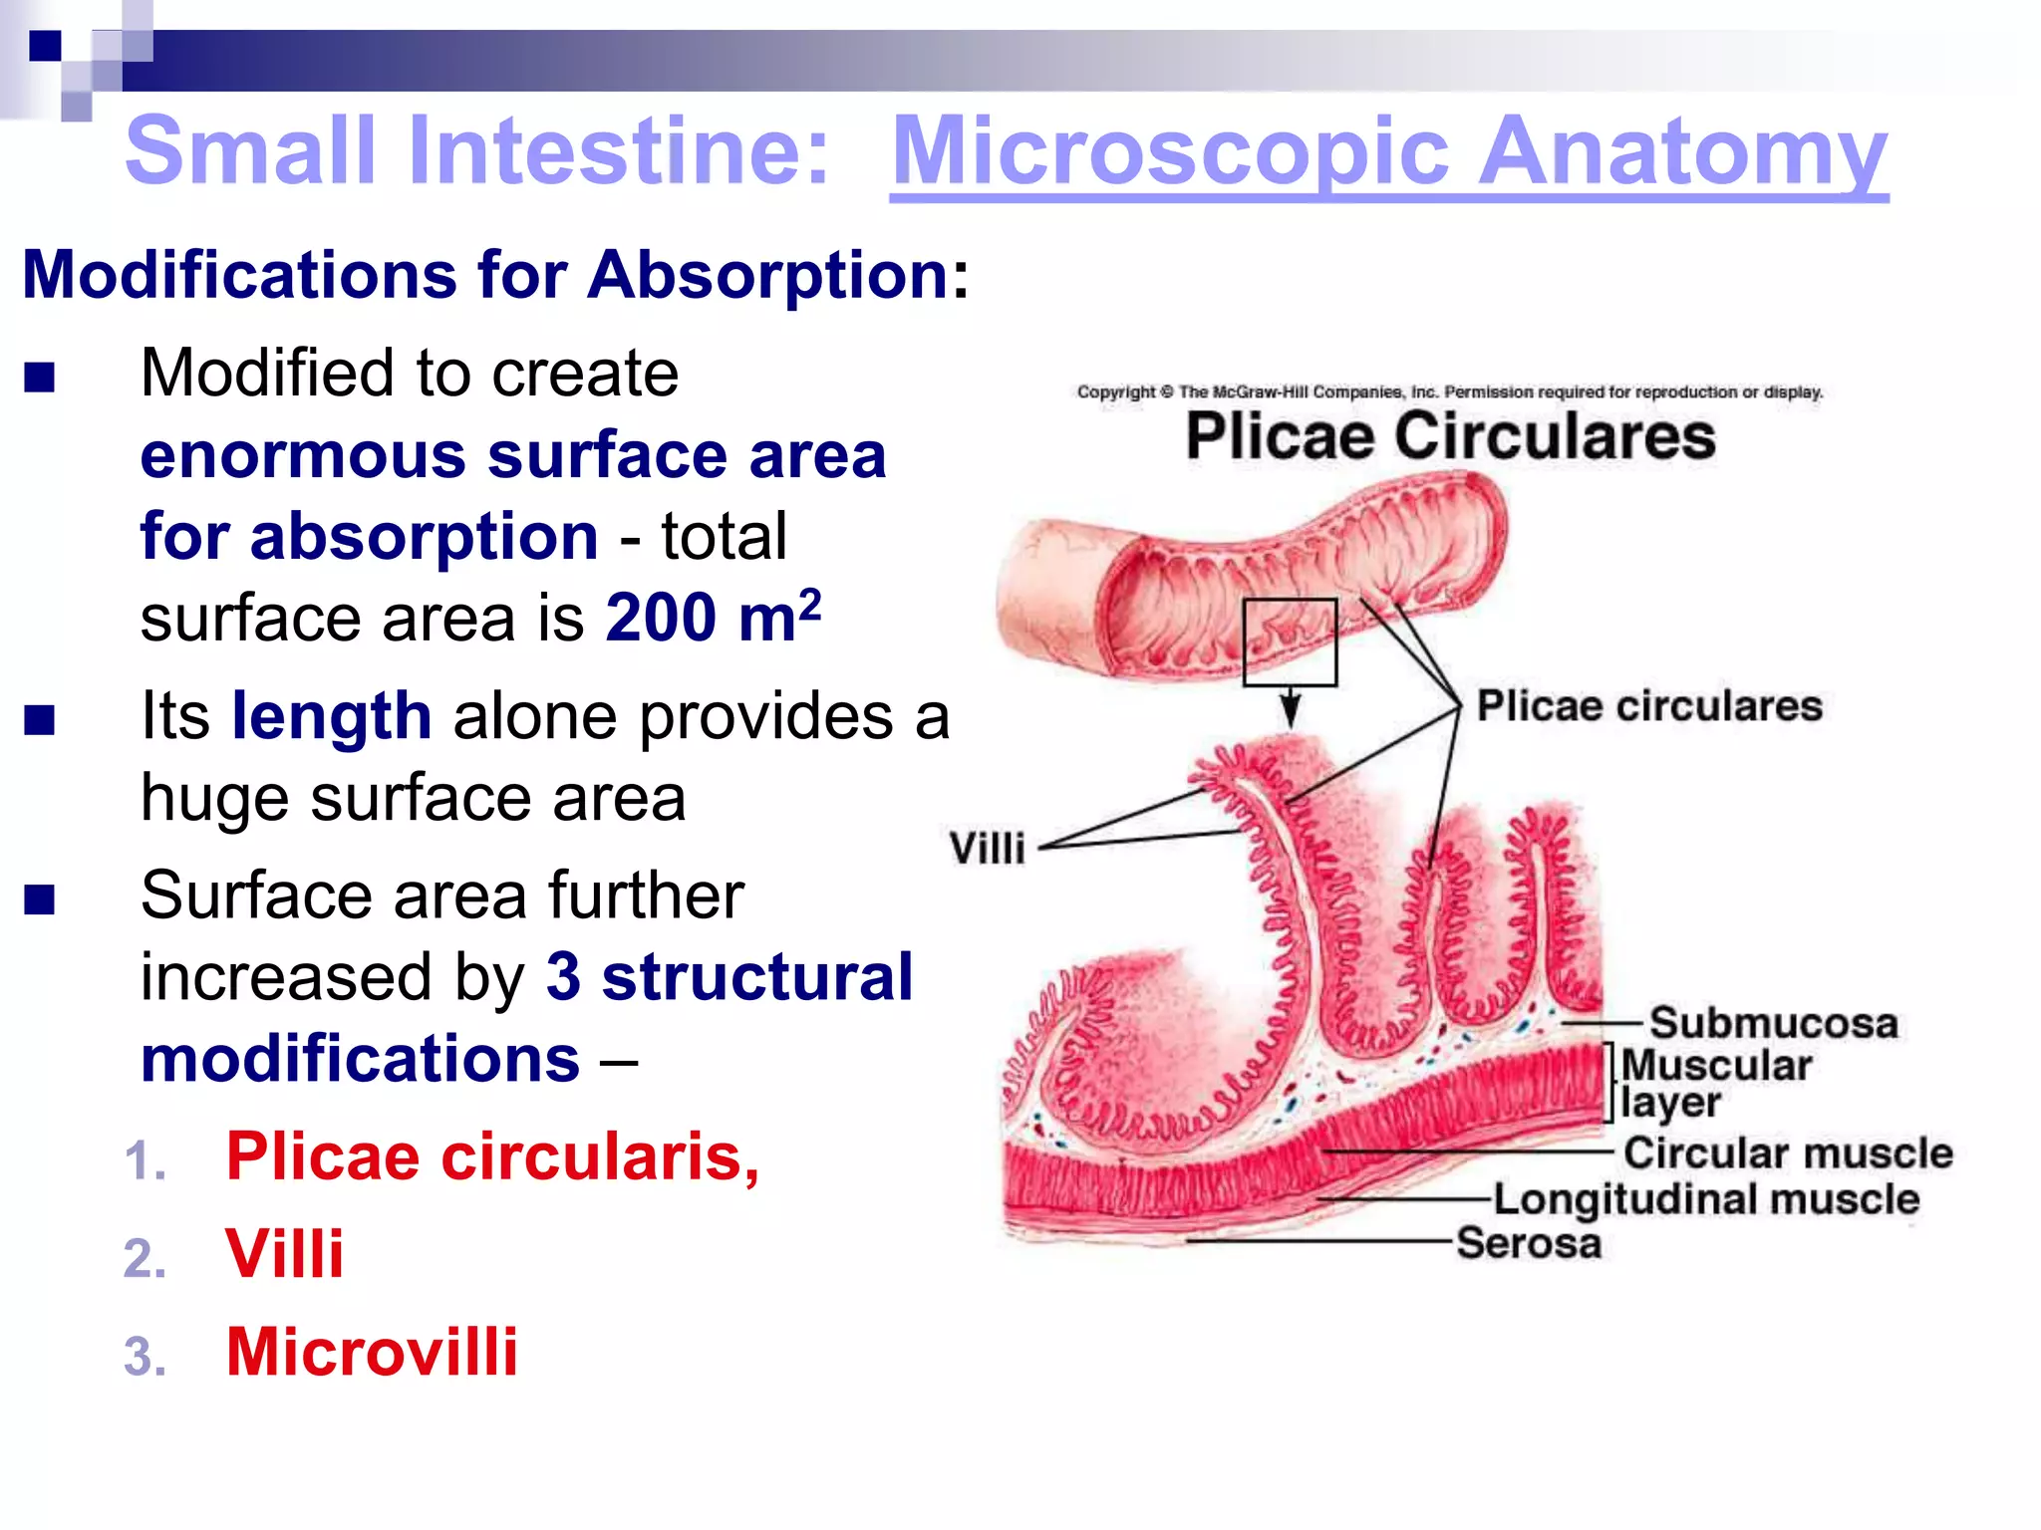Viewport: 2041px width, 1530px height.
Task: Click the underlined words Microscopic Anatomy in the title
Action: tap(1388, 151)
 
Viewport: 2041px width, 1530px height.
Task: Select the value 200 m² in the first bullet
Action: tap(713, 618)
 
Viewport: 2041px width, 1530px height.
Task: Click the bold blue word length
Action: tap(331, 716)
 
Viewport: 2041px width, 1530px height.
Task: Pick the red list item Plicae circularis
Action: tap(492, 1157)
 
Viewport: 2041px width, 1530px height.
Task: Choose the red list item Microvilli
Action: tap(372, 1353)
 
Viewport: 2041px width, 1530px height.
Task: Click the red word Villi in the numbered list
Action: tap(285, 1254)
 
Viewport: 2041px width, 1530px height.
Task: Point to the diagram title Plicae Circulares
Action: tap(1450, 436)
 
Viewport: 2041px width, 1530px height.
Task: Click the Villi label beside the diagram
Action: tap(987, 849)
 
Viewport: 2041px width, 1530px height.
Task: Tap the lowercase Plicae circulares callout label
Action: tap(1649, 706)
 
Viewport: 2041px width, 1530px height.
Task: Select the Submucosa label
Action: tap(1773, 1023)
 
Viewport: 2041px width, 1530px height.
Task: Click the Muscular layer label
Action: tap(1714, 1083)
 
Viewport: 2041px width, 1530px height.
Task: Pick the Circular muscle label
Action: tap(1788, 1153)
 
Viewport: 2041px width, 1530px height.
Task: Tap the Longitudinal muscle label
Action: tap(1706, 1199)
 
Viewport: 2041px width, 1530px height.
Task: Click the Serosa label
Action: tap(1529, 1243)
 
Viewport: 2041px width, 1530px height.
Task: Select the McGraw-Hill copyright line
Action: tap(1449, 392)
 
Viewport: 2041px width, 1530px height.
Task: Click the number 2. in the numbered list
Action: tap(146, 1258)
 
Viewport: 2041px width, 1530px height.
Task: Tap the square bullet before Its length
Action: tap(40, 719)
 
